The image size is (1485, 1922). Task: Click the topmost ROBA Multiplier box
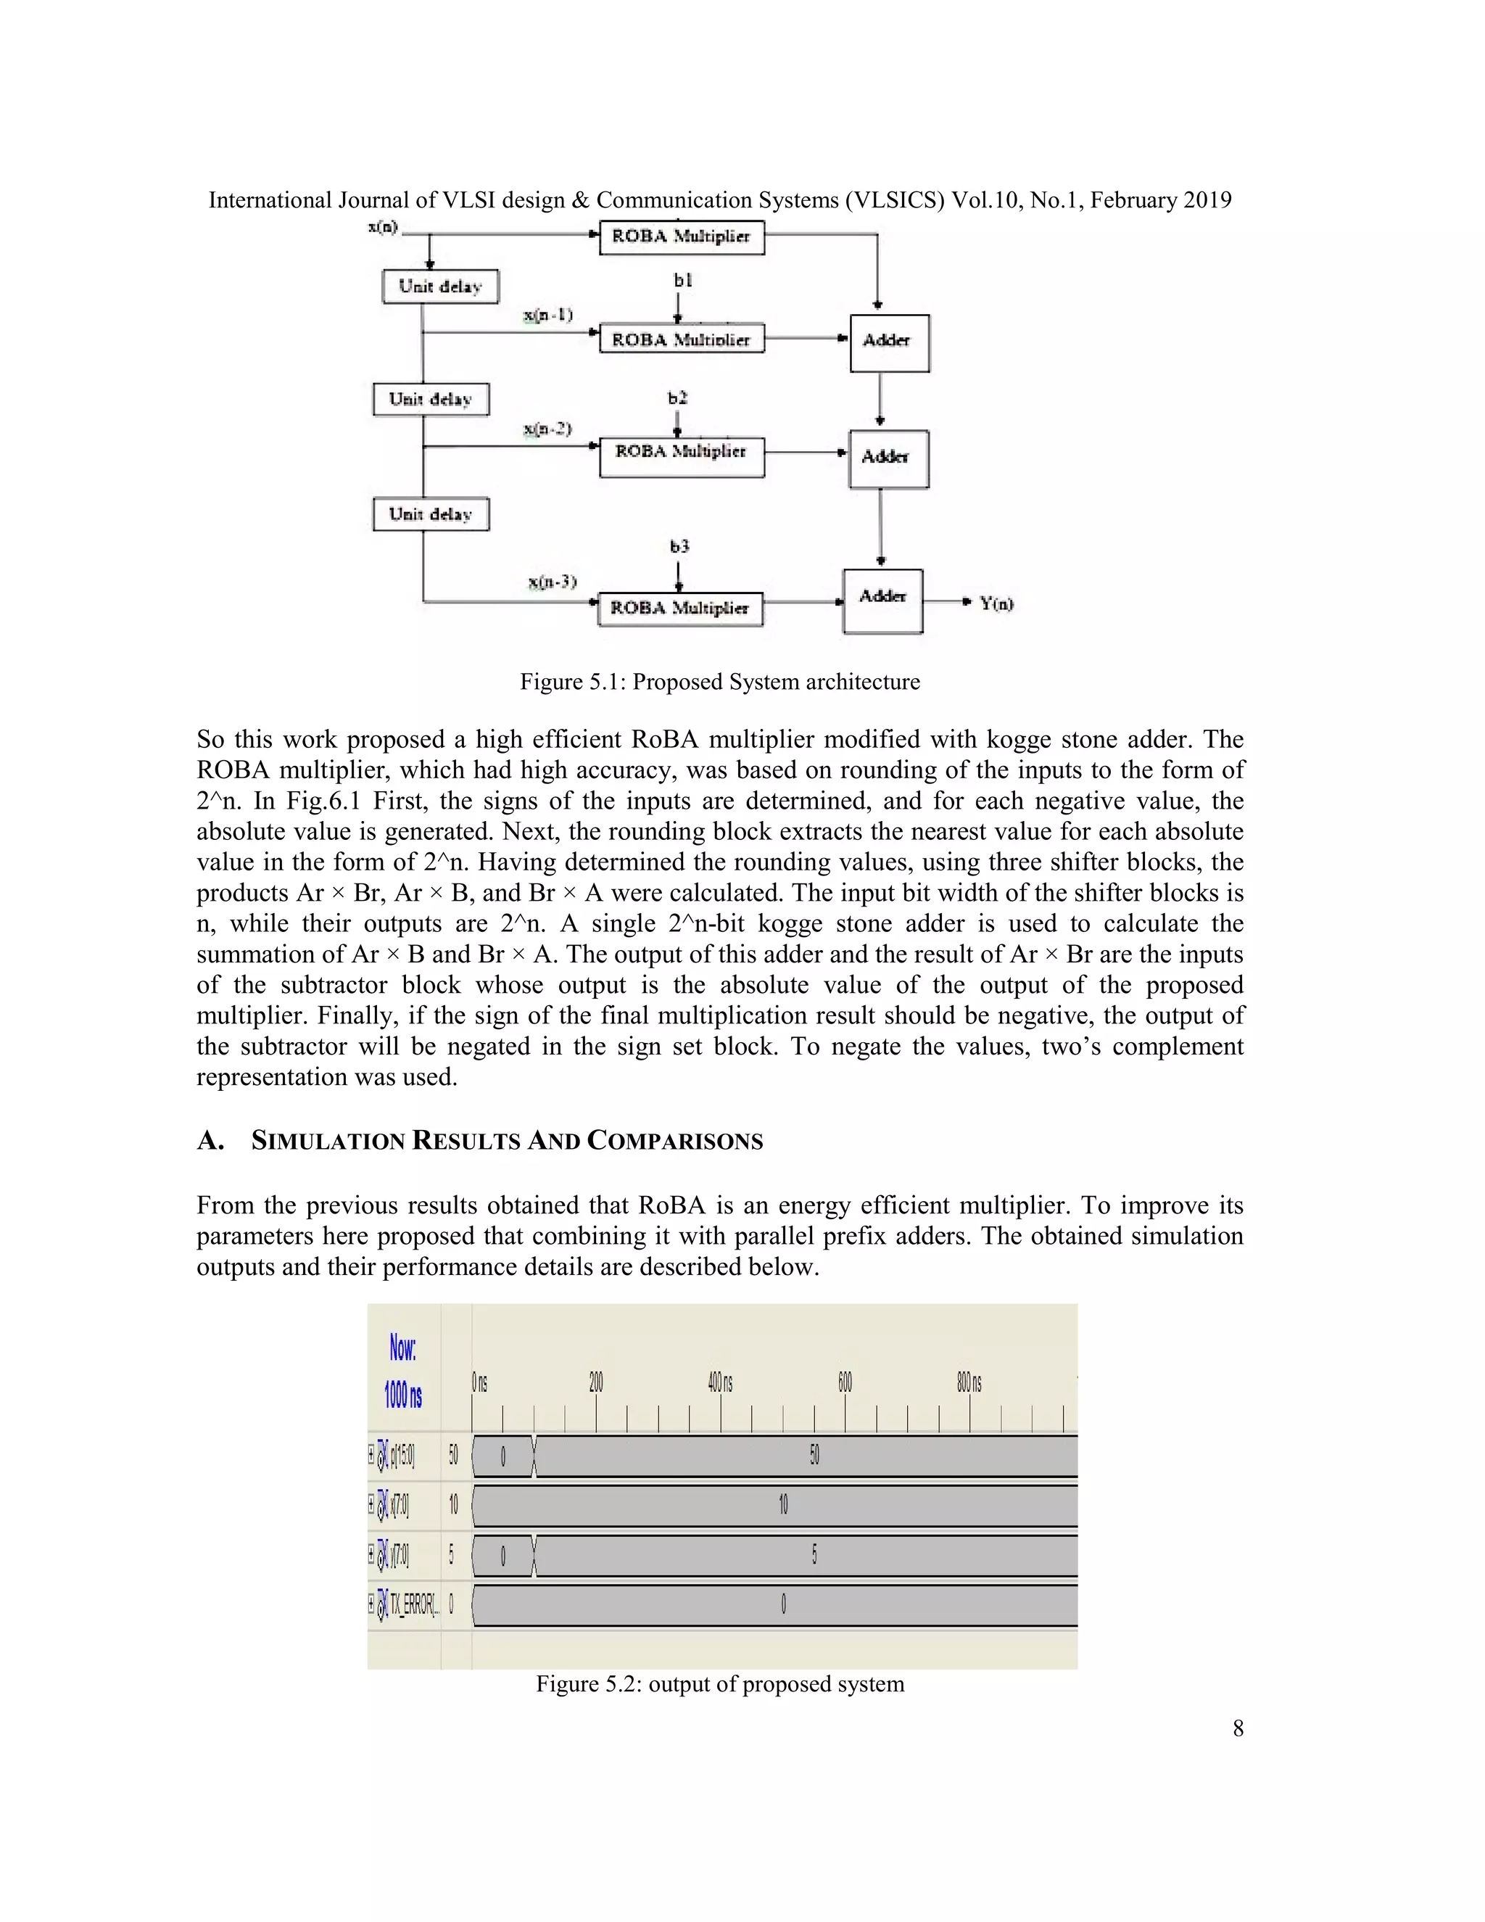[681, 236]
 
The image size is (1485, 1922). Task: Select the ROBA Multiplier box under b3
[679, 608]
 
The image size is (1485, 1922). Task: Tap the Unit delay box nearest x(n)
[440, 287]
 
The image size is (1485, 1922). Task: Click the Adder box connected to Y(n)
[882, 601]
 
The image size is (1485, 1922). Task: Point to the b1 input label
[682, 280]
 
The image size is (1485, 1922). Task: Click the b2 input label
[677, 397]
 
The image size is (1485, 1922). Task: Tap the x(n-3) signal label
[552, 582]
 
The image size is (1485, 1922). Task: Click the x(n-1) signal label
[547, 314]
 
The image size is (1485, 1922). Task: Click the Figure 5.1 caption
[719, 682]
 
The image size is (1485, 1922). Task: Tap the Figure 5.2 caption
[719, 1683]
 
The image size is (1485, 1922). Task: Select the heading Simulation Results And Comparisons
[506, 1141]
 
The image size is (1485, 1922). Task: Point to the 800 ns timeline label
[969, 1382]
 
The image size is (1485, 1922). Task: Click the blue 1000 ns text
[403, 1395]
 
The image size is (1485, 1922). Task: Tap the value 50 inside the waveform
[814, 1455]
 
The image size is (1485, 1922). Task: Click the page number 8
[1237, 1728]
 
